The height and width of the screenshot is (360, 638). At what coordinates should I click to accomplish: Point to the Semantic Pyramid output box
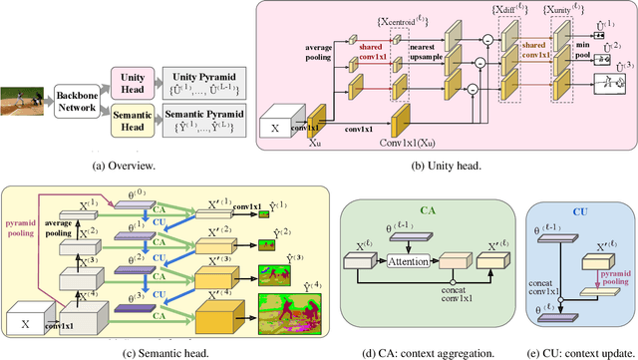pyautogui.click(x=199, y=118)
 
